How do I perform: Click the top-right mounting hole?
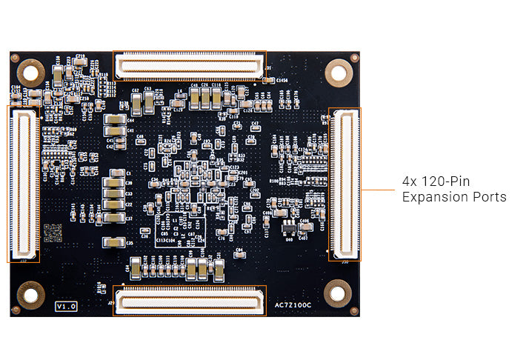click(x=339, y=72)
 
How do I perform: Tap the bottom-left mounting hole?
click(x=31, y=295)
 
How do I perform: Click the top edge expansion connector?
click(x=190, y=66)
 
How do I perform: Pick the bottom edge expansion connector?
click(x=190, y=301)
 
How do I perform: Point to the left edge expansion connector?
click(x=24, y=184)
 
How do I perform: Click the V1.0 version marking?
click(x=66, y=304)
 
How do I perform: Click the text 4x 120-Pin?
click(x=436, y=181)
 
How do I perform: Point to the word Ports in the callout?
click(x=490, y=197)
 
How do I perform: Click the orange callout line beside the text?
click(x=378, y=189)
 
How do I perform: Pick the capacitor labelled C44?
click(x=115, y=119)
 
